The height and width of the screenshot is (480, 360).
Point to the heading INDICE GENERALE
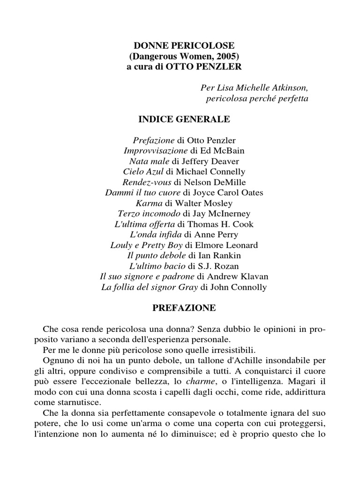(x=184, y=120)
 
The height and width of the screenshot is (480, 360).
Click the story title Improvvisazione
(x=155, y=151)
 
